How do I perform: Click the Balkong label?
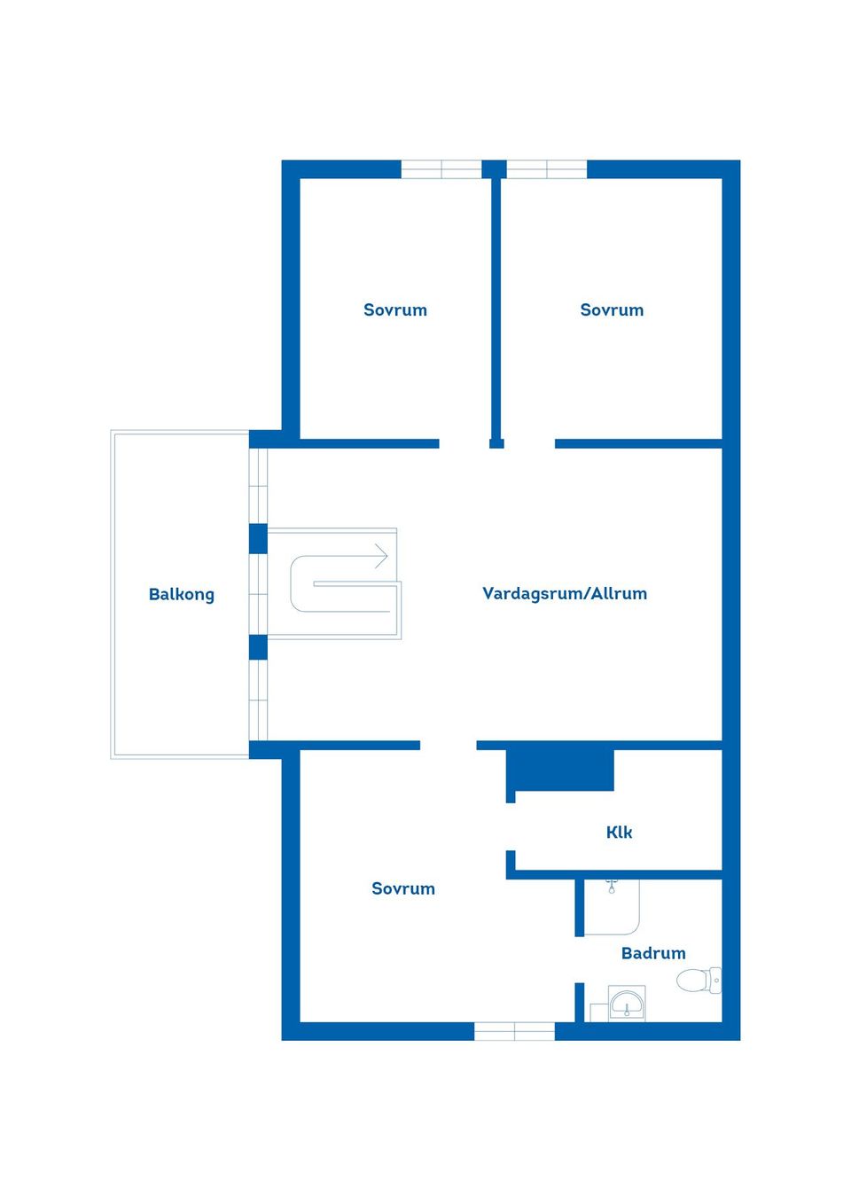[x=181, y=595]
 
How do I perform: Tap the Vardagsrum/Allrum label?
[x=565, y=593]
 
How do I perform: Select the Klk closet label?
[x=619, y=833]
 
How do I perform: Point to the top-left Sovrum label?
[x=394, y=310]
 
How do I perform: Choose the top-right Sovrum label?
[x=612, y=310]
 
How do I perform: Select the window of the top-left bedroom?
[x=441, y=169]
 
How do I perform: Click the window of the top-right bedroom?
[x=546, y=169]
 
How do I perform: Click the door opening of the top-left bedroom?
[x=465, y=443]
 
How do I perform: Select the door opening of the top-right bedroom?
[x=529, y=443]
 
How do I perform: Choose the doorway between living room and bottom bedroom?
[x=448, y=745]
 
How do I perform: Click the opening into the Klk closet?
[x=511, y=826]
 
